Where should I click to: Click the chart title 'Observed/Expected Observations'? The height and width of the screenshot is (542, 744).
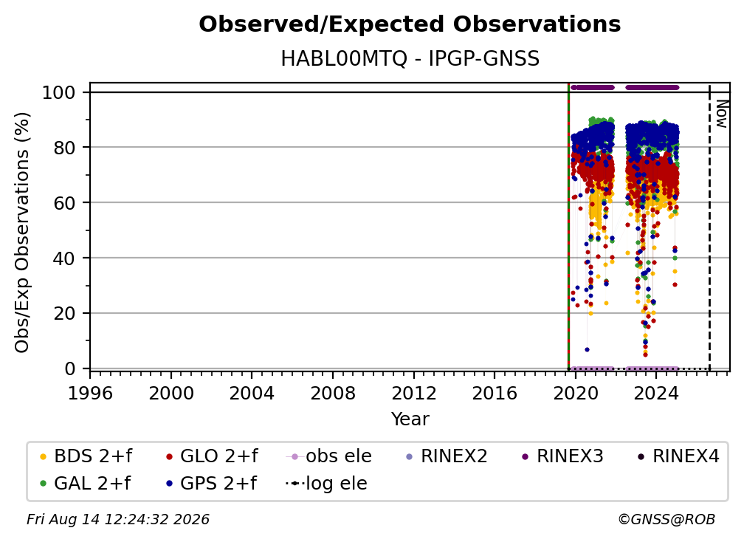pos(410,24)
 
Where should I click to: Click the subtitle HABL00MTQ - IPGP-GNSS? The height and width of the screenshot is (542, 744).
pos(410,59)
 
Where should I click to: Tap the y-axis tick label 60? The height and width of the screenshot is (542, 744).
pos(64,203)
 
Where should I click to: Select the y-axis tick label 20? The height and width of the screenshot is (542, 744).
pos(64,314)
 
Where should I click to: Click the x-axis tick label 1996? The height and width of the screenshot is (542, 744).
pos(90,394)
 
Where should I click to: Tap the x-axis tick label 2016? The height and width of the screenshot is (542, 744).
pos(495,394)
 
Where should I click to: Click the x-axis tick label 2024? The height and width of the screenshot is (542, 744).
pos(655,394)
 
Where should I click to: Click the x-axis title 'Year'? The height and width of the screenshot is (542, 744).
pos(410,419)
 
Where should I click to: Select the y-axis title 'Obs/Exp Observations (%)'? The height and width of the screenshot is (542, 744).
pos(22,232)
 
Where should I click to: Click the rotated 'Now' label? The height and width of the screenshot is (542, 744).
pos(721,114)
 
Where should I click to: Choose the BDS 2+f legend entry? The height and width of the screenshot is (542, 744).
pos(86,456)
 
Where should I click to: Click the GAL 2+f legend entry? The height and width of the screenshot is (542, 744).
pos(85,484)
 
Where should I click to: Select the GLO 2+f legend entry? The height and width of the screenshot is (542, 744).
pos(212,456)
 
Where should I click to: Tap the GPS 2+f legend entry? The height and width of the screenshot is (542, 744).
pos(211,484)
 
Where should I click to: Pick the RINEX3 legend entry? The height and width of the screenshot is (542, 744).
pos(562,456)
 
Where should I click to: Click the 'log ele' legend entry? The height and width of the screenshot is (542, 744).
pos(326,484)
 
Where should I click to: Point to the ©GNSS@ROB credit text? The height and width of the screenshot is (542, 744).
pos(666,520)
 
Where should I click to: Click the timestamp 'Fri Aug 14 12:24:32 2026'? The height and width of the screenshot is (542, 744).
pos(118,520)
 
